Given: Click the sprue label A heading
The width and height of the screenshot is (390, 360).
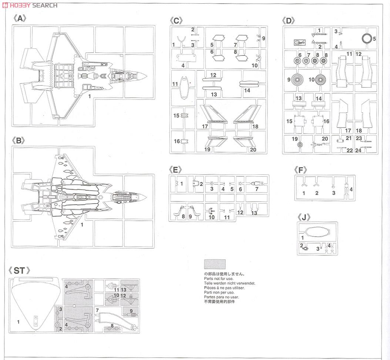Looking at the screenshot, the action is (x=19, y=18).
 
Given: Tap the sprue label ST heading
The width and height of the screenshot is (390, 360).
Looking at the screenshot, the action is (x=19, y=270).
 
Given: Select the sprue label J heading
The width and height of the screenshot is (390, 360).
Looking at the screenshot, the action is (x=304, y=217).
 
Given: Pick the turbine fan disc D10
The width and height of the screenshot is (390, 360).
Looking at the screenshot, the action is (x=320, y=80).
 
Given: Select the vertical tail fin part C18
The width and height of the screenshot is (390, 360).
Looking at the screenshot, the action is (x=247, y=114).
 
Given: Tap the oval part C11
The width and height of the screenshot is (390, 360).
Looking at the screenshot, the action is (x=184, y=87).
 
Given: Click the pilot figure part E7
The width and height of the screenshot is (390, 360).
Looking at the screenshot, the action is (x=256, y=184).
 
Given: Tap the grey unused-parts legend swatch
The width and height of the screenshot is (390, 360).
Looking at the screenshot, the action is (x=215, y=264).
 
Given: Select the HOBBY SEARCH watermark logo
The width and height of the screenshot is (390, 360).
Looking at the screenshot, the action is (x=30, y=5).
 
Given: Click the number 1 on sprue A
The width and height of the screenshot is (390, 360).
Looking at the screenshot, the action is (x=90, y=96).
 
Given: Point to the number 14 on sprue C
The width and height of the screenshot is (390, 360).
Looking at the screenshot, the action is (x=247, y=91).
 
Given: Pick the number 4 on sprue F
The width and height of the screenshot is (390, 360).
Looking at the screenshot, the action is (x=351, y=189).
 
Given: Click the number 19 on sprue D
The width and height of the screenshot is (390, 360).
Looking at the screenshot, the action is (x=295, y=139).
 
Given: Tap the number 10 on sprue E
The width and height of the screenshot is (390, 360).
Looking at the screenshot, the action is (x=211, y=217).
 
